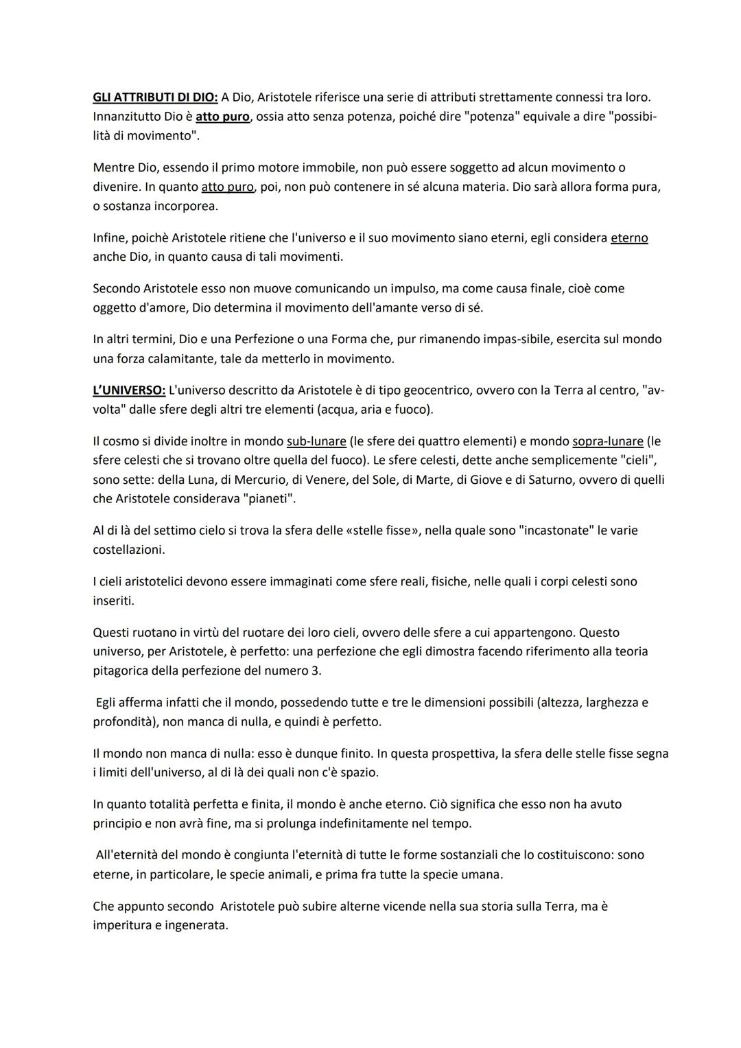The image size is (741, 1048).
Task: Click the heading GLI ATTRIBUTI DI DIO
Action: tap(154, 98)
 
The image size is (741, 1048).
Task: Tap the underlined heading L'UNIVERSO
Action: tap(129, 391)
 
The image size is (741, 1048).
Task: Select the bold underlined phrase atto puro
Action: tap(222, 117)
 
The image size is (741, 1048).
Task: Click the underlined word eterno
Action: tap(629, 238)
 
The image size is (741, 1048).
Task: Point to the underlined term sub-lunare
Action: tap(316, 441)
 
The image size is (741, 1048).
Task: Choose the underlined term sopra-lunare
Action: tap(608, 441)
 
